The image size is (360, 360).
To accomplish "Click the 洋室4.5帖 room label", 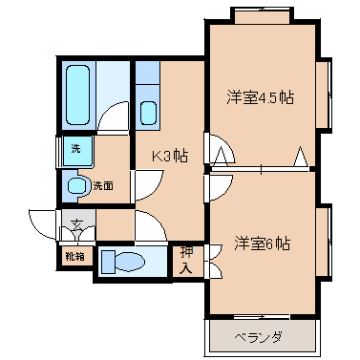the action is point(260,97).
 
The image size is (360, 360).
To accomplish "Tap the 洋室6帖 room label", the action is point(263,244).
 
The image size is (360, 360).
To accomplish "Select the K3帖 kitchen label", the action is point(170,157).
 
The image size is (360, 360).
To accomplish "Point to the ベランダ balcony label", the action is point(258,337).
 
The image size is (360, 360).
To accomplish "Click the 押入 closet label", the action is point(186,261).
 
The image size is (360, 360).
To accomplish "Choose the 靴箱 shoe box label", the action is point(75,256).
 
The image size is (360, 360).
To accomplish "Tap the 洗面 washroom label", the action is point(103,186).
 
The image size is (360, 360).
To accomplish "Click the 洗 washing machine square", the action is point(77,150).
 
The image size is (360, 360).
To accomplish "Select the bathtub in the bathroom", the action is point(78,95).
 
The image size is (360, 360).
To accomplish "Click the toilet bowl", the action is point(130,262).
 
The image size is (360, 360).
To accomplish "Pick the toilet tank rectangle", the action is point(108,262).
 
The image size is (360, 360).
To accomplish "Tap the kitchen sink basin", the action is point(148,114).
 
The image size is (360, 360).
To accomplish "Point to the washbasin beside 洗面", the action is point(78,185).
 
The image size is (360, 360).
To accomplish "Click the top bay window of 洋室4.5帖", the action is point(263,15).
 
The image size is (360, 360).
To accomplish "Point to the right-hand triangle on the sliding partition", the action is point(301,157).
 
